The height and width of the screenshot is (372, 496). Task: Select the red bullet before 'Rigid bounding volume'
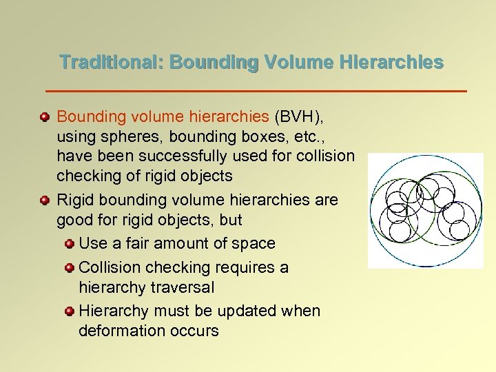click(x=45, y=200)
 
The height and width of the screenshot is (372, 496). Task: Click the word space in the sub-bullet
click(x=254, y=244)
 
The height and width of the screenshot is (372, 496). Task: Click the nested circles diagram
click(x=425, y=210)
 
